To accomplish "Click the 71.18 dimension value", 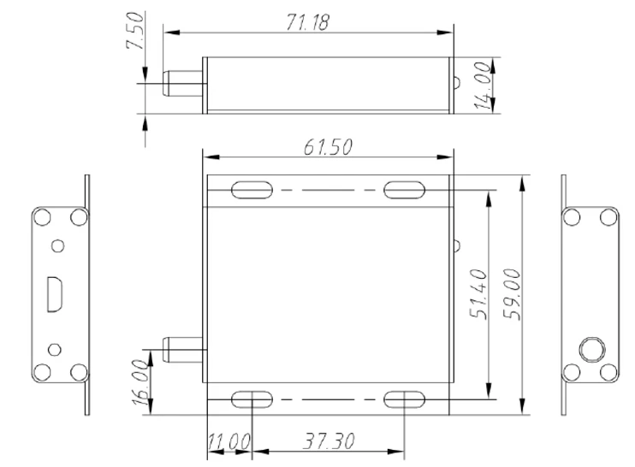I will click(x=306, y=23).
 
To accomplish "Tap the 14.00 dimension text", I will click(x=485, y=85).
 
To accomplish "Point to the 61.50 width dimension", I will click(x=327, y=145).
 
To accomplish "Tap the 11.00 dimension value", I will click(x=228, y=441).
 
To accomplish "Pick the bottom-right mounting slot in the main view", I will click(x=402, y=399).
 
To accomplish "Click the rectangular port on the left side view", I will click(x=54, y=294).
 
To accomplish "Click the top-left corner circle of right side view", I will click(x=571, y=217).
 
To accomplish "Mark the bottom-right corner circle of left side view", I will click(x=77, y=371).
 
